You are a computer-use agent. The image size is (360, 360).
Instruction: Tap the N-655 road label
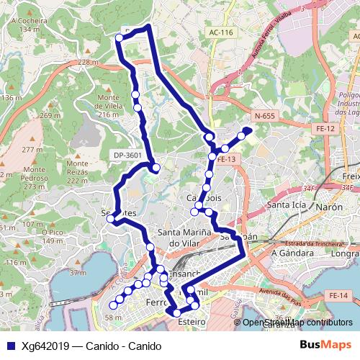pyautogui.click(x=265, y=115)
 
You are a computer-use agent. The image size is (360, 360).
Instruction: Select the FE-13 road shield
pyautogui.click(x=226, y=160)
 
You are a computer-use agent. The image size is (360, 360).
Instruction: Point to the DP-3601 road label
pyautogui.click(x=127, y=153)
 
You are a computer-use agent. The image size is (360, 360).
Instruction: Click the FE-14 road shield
pyautogui.click(x=336, y=296)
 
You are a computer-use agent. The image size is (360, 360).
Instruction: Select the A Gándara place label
pyautogui.click(x=289, y=253)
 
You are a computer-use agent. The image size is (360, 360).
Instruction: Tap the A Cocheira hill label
pyautogui.click(x=30, y=26)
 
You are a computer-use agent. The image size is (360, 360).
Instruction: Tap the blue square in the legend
pyautogui.click(x=9, y=346)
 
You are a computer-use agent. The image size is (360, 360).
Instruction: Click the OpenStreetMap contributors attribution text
pyautogui.click(x=297, y=323)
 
